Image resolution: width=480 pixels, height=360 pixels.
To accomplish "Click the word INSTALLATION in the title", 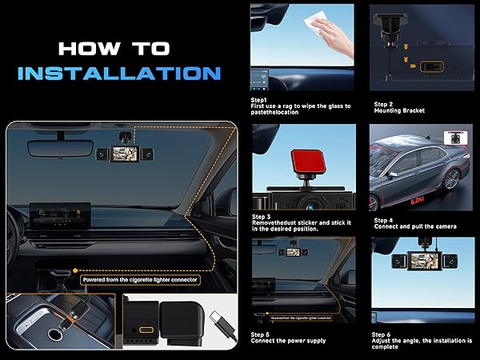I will click(x=118, y=73).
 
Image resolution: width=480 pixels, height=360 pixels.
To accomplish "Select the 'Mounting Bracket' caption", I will click(x=401, y=110).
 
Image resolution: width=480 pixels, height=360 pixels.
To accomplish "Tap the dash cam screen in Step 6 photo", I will click(x=424, y=261).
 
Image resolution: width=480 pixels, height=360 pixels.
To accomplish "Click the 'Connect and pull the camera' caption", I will click(x=415, y=226).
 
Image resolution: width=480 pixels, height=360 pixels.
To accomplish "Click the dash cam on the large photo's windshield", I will click(x=126, y=153).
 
